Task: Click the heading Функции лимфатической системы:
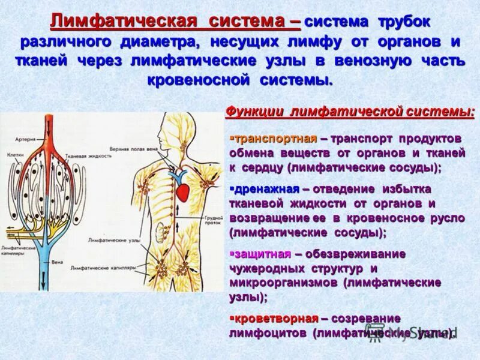[349, 112]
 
